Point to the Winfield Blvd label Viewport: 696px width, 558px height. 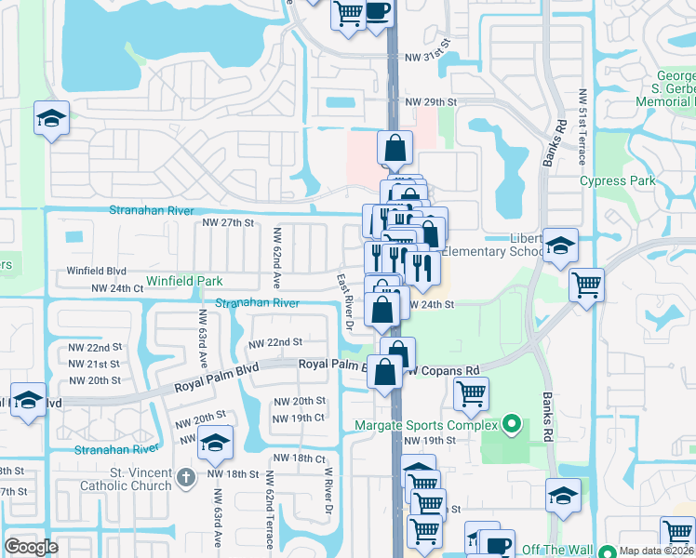pyautogui.click(x=96, y=272)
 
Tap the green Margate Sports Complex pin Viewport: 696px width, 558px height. pyautogui.click(x=510, y=426)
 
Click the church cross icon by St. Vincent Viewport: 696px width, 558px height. pyautogui.click(x=185, y=478)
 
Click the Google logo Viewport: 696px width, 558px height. pyautogui.click(x=32, y=547)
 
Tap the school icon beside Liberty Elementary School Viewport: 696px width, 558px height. pyautogui.click(x=560, y=246)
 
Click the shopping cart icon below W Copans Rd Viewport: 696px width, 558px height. pyautogui.click(x=471, y=393)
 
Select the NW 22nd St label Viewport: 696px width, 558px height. pyautogui.click(x=274, y=343)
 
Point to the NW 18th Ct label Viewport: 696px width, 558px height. pyautogui.click(x=300, y=458)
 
